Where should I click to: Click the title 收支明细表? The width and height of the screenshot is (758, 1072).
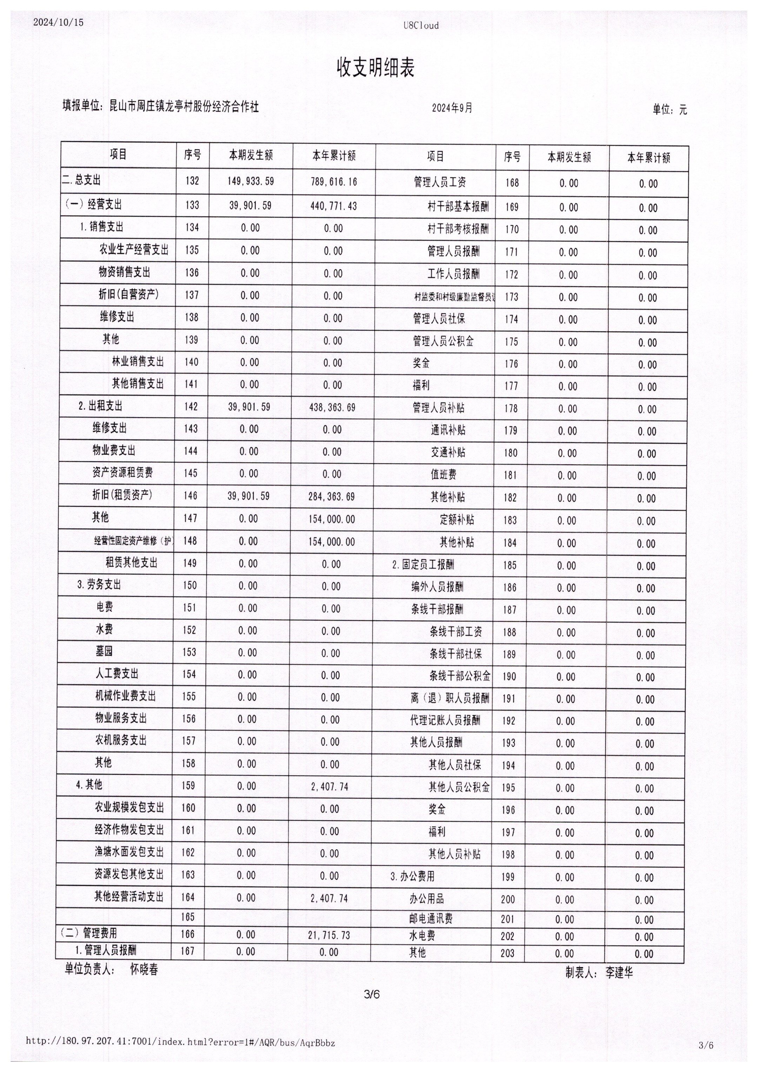pyautogui.click(x=376, y=68)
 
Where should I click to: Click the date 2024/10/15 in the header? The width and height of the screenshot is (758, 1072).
pyautogui.click(x=58, y=22)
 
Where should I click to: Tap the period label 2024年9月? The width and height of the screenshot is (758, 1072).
pyautogui.click(x=452, y=108)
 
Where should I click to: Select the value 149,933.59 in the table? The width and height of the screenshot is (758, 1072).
pyautogui.click(x=251, y=181)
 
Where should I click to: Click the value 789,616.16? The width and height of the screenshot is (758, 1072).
pyautogui.click(x=334, y=182)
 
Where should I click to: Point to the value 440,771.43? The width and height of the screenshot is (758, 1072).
pyautogui.click(x=333, y=206)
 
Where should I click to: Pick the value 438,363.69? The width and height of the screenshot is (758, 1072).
pyautogui.click(x=332, y=408)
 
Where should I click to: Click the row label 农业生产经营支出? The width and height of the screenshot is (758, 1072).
pyautogui.click(x=133, y=249)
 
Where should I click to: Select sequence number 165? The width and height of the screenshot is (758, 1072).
pyautogui.click(x=188, y=916)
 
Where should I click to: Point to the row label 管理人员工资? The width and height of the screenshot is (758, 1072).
pyautogui.click(x=440, y=182)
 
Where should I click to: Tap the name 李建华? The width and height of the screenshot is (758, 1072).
pyautogui.click(x=619, y=973)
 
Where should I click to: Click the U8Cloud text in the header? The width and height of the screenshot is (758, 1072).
pyautogui.click(x=421, y=26)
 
